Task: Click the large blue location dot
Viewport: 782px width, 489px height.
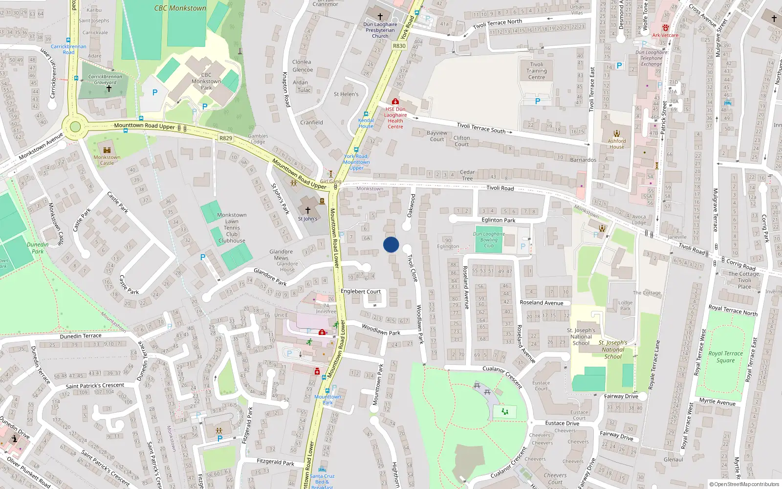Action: click(391, 244)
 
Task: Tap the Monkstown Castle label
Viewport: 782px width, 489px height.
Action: click(107, 160)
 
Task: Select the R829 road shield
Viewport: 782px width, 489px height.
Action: click(226, 138)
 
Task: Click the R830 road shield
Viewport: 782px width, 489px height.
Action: click(399, 45)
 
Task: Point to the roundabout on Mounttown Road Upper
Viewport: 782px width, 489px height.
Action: click(75, 127)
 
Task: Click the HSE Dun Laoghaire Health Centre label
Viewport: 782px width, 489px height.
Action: click(395, 118)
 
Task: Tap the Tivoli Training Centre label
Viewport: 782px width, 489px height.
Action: click(536, 71)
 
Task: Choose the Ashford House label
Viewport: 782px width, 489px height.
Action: click(617, 144)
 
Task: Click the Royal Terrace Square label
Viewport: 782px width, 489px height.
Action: click(725, 356)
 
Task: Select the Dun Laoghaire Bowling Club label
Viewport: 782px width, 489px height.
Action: click(489, 240)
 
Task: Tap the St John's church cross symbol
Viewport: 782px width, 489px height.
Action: click(308, 210)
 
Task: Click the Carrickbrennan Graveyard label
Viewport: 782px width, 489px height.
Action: click(105, 79)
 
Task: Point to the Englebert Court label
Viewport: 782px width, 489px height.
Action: click(361, 291)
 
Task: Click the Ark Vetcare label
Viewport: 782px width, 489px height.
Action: click(665, 35)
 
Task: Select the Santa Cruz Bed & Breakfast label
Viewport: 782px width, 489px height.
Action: click(322, 481)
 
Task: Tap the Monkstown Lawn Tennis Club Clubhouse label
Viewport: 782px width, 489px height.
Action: click(232, 228)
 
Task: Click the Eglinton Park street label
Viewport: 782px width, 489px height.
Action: click(499, 220)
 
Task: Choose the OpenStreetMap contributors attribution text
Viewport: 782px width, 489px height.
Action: click(744, 484)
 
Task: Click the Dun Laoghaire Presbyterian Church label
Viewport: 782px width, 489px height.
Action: click(380, 30)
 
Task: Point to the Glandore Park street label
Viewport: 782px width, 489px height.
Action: click(270, 277)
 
